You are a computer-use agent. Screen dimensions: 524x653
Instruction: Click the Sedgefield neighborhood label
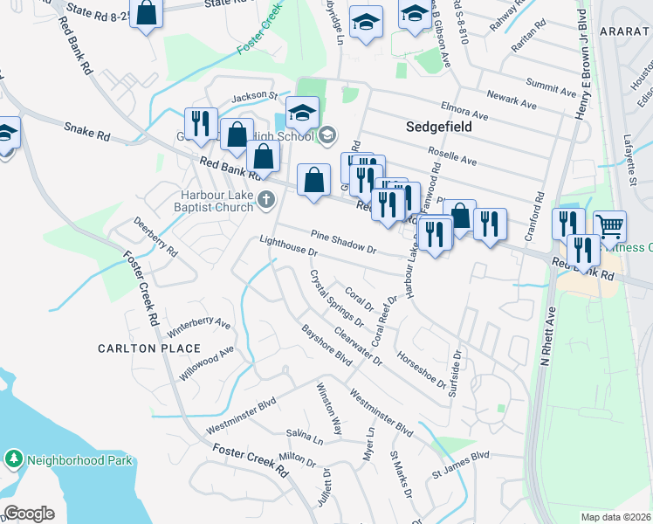tap(439, 127)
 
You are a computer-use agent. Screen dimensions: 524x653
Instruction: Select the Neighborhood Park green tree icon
tap(13, 458)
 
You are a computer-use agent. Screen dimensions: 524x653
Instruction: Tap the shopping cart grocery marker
tap(609, 227)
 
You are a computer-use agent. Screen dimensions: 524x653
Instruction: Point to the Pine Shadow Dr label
tap(343, 243)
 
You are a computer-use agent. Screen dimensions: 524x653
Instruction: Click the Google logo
tap(29, 514)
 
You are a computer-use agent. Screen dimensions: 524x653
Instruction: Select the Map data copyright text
tap(615, 517)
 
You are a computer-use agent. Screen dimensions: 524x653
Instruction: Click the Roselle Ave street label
tap(457, 161)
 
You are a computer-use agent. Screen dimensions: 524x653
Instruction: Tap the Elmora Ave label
tap(464, 113)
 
